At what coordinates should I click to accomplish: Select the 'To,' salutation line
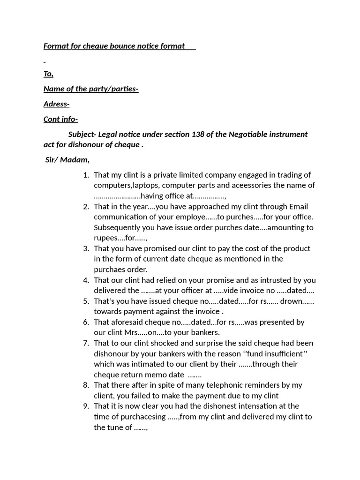(48, 74)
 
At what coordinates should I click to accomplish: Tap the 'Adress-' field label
(56, 104)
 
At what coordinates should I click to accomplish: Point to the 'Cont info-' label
(60, 119)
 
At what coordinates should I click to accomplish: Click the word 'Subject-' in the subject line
(82, 134)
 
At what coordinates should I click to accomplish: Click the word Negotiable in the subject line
(249, 134)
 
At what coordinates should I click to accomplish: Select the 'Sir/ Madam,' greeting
(67, 159)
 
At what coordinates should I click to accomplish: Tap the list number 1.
(86, 175)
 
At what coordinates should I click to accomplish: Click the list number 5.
(86, 301)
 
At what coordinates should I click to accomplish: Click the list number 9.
(86, 406)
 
